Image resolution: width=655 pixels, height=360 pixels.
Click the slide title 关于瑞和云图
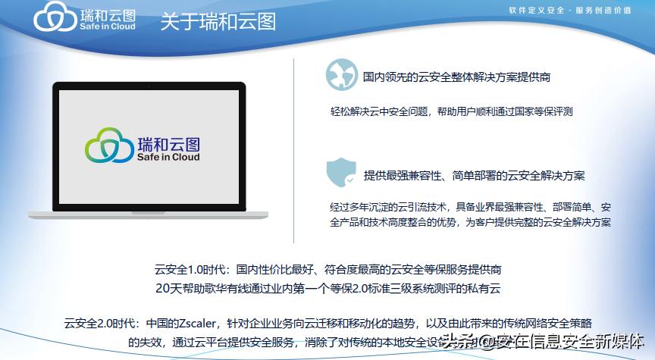point(218,21)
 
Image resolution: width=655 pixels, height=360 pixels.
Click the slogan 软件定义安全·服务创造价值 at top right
point(571,11)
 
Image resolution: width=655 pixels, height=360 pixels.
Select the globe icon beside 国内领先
point(341,75)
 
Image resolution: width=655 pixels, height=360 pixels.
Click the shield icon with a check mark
point(341,174)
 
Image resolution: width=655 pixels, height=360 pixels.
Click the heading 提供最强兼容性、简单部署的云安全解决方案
point(474,176)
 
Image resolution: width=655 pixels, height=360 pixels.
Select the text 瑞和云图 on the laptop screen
point(170,142)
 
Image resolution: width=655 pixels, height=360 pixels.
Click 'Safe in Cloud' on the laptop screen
point(169,158)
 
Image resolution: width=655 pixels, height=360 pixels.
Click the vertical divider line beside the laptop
point(294,144)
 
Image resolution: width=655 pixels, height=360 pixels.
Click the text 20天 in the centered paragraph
point(166,289)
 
